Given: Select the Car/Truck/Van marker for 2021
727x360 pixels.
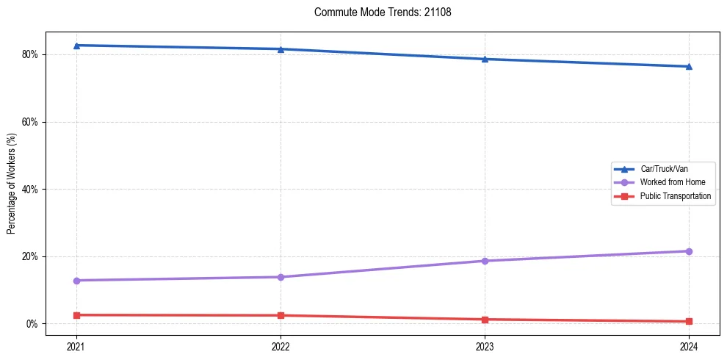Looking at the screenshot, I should click(76, 46).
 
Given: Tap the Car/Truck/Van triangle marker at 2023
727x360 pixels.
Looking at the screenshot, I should click(485, 59).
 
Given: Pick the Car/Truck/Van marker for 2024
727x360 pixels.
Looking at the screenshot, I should click(689, 66).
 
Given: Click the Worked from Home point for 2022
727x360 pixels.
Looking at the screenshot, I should click(281, 277).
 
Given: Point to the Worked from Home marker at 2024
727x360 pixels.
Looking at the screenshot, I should click(689, 251).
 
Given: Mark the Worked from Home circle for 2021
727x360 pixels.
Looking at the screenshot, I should click(76, 281).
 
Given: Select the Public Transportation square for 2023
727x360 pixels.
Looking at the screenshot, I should click(485, 320).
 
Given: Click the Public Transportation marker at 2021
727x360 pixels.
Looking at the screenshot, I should click(76, 315).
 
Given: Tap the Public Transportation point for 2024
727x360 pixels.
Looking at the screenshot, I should click(689, 321).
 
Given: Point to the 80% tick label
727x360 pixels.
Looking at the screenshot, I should click(30, 54).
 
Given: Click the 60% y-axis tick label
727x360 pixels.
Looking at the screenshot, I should click(30, 122).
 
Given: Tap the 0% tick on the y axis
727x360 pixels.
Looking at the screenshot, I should click(32, 324).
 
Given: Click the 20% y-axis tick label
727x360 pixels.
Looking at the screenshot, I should click(30, 256).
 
